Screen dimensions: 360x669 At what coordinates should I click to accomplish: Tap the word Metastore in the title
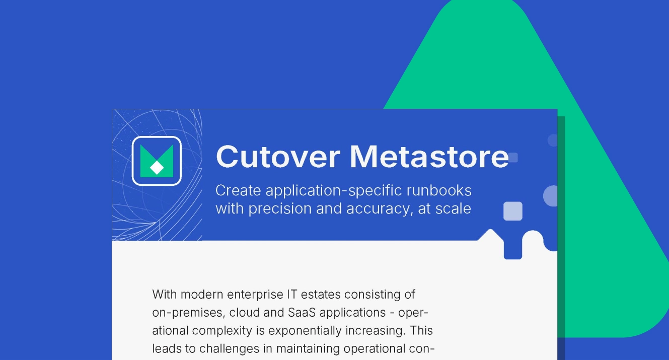(x=429, y=157)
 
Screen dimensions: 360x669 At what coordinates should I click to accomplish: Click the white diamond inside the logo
(x=157, y=168)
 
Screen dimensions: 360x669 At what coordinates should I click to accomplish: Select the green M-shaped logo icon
(x=157, y=161)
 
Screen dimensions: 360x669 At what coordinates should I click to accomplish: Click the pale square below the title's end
(x=513, y=211)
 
